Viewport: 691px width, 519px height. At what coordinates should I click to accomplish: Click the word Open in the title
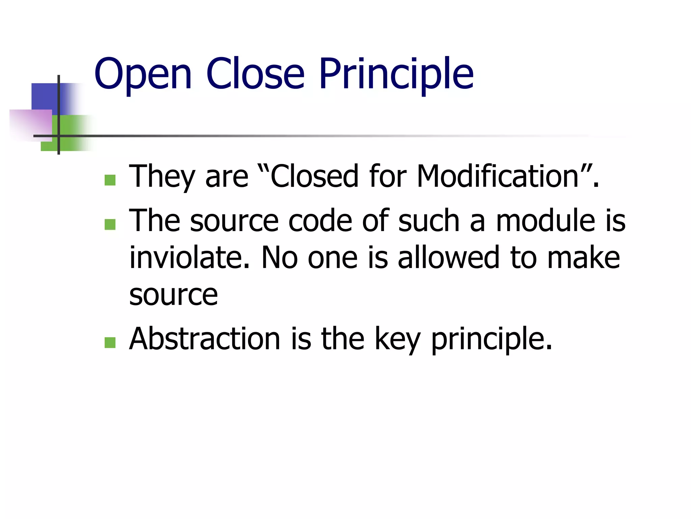point(143,74)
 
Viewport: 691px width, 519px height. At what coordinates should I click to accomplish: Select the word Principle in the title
point(396,74)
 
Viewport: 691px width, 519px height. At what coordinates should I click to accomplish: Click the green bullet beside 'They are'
point(110,180)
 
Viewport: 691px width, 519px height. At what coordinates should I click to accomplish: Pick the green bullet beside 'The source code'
point(110,224)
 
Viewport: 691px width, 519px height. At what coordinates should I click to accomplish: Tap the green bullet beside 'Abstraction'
point(110,343)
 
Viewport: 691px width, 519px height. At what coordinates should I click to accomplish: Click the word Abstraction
point(204,339)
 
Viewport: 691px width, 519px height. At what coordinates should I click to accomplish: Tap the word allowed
point(448,257)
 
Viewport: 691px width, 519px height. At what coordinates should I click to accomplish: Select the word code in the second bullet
point(320,221)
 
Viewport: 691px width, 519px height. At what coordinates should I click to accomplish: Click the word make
point(583,257)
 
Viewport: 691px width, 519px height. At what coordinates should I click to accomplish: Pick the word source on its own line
point(173,295)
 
